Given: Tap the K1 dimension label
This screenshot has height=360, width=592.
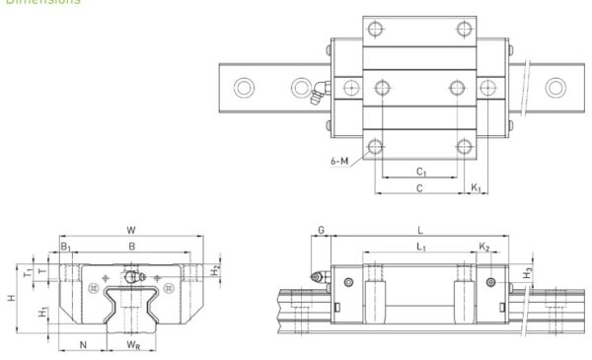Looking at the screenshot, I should coord(476,185).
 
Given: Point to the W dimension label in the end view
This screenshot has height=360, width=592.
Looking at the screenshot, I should coord(131,234).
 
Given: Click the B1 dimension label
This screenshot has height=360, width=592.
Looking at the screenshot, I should coord(66,247).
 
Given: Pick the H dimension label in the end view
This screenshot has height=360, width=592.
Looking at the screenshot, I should coord(13,296).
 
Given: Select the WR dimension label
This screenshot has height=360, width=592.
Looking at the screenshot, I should coord(133,344).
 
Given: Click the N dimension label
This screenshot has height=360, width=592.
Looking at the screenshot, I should coord(83,344).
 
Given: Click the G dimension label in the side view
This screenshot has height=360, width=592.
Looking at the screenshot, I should coord(321,231).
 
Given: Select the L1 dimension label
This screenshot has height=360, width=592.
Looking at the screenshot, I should coord(421,246).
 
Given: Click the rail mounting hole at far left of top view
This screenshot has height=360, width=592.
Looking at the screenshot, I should coord(241,89).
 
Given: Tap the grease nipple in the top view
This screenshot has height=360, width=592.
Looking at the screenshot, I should coord(316,95).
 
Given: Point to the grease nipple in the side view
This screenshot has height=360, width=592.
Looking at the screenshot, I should coord(318,278).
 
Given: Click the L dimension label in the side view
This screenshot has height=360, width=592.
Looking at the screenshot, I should coord(421,231).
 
